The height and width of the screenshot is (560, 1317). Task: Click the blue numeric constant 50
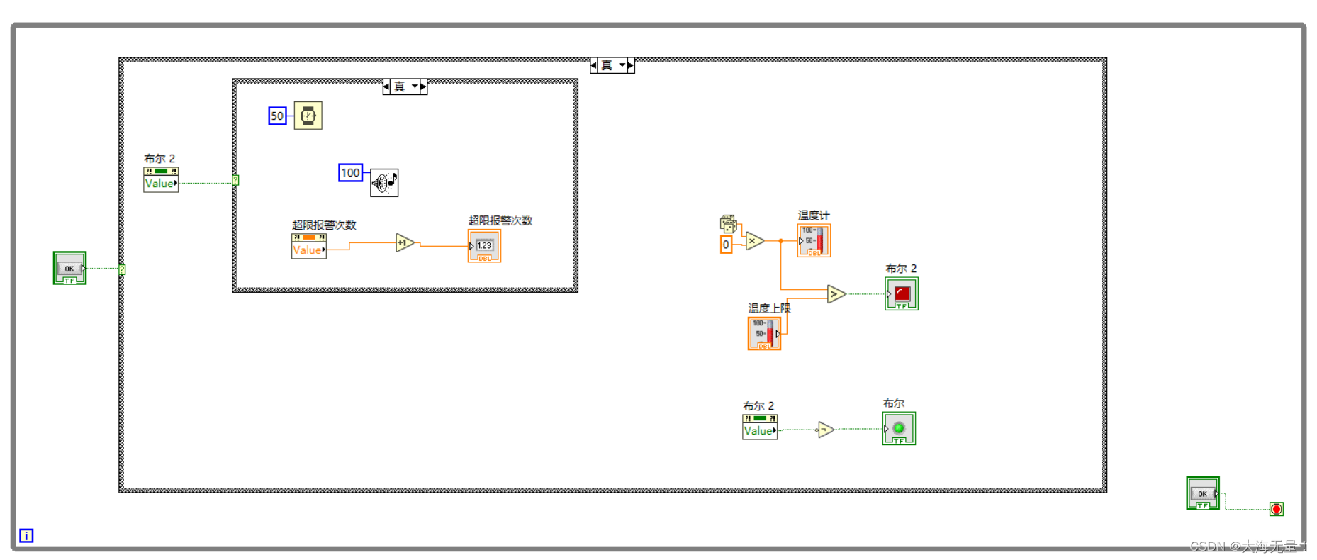(277, 116)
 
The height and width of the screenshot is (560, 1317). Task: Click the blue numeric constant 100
(350, 173)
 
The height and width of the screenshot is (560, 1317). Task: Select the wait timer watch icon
(308, 116)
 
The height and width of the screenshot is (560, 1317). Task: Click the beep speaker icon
(384, 183)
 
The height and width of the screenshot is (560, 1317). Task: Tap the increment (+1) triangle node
(404, 243)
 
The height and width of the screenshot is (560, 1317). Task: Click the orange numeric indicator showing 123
(484, 247)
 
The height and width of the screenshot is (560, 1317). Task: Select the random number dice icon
(728, 224)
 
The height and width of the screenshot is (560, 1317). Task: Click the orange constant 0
(726, 245)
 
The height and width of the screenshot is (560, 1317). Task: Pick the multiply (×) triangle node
(753, 241)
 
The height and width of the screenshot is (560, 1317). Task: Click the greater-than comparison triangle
(836, 293)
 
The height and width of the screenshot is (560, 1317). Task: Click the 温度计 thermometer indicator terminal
(814, 241)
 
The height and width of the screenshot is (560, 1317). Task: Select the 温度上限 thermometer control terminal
(764, 333)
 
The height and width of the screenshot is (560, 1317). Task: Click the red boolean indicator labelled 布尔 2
(902, 293)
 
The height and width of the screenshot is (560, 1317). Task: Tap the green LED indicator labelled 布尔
(899, 429)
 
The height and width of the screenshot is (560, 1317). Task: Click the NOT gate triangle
(825, 430)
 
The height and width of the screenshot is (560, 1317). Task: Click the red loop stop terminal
(1277, 509)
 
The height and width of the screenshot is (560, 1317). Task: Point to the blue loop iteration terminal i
(26, 536)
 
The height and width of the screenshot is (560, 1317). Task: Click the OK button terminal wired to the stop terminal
(1203, 493)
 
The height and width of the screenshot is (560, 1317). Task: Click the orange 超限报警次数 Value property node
(309, 246)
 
